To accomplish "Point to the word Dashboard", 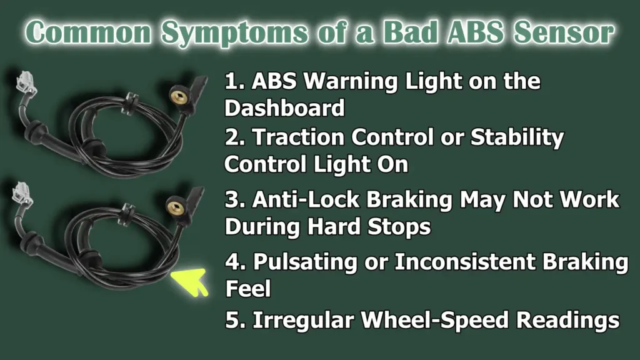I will coord(284,107).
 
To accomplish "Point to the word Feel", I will coord(248,289).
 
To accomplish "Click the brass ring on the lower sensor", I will coord(176,205).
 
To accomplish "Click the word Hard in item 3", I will coord(334,226).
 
